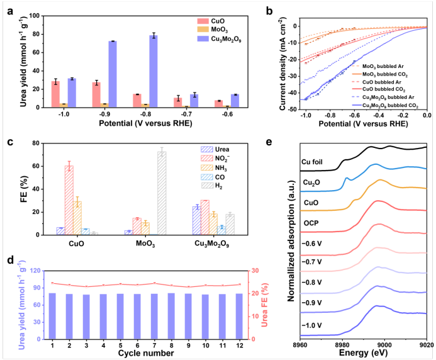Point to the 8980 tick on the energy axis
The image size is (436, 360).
[x=342, y=345]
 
